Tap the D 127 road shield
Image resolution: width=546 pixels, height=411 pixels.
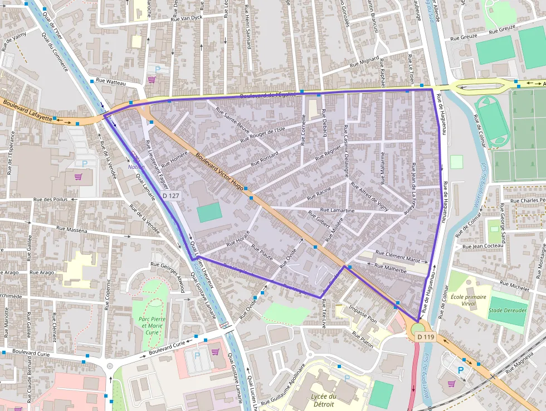(172, 196)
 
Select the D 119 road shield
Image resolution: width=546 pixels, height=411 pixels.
(425, 337)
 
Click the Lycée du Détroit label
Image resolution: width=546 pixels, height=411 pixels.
(324, 401)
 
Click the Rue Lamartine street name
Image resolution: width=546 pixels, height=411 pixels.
(338, 210)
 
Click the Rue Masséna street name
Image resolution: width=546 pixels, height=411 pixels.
(72, 229)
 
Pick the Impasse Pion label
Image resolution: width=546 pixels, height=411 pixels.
(363, 314)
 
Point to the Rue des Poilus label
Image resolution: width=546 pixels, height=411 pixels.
(50, 199)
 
